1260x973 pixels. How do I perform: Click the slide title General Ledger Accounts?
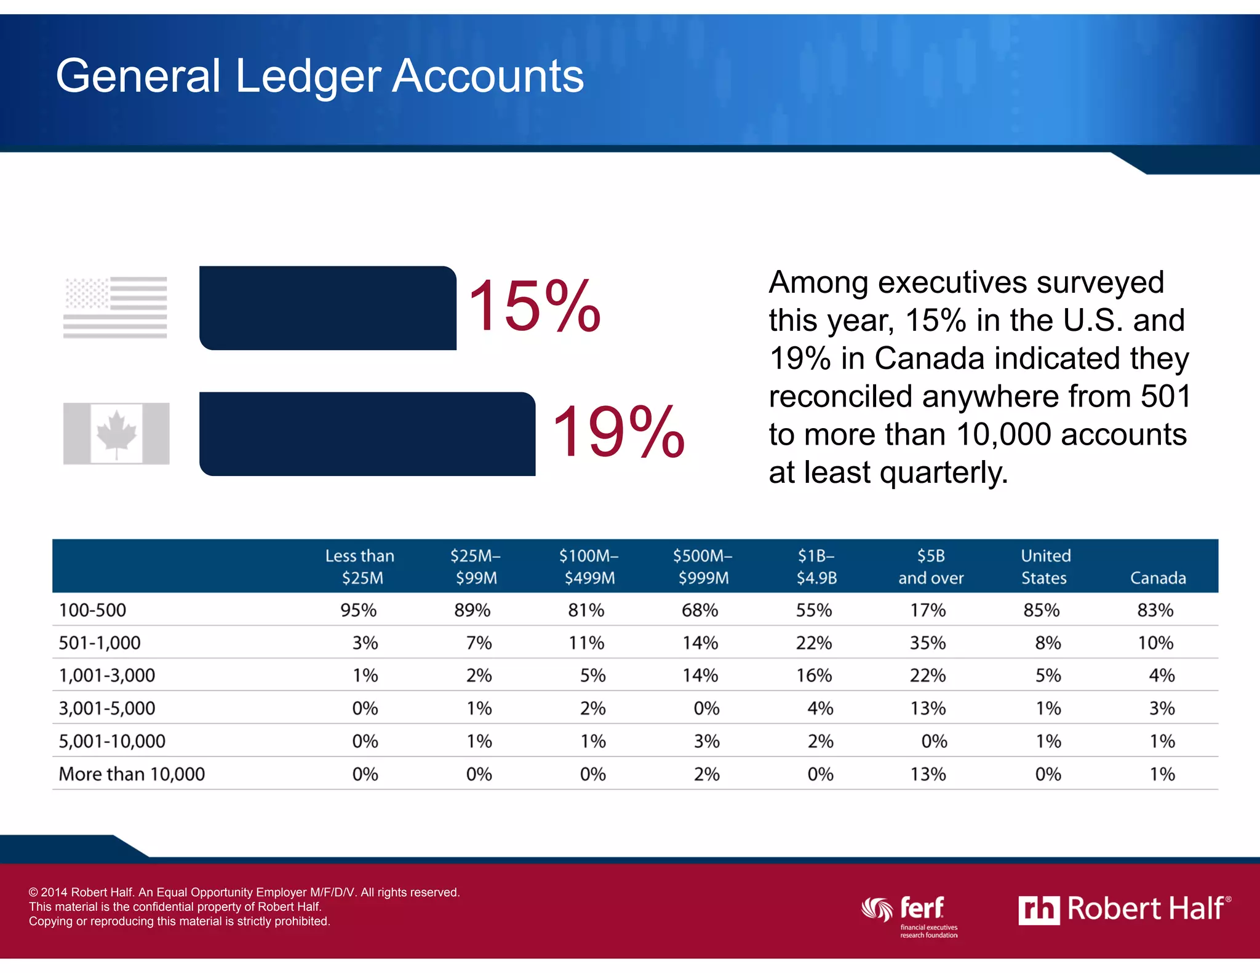tap(319, 76)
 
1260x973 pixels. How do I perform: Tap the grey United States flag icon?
tap(115, 307)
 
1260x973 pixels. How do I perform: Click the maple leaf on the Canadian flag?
tap(116, 432)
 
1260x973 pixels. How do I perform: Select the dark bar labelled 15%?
tap(327, 308)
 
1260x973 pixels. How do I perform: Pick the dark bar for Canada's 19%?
tap(367, 434)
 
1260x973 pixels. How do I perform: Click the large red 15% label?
tap(533, 306)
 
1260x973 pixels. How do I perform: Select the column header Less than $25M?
tap(361, 566)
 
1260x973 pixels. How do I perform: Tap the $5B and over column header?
tap(930, 566)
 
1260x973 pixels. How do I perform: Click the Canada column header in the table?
tap(1158, 578)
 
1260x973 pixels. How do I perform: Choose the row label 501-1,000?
tap(100, 643)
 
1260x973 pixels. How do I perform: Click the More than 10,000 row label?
tap(132, 774)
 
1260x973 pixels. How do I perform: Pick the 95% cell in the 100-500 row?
tap(359, 610)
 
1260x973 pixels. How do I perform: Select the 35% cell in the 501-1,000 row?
tap(928, 643)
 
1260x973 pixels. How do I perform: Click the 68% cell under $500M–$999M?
tap(700, 610)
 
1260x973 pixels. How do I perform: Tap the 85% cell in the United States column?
tap(1041, 610)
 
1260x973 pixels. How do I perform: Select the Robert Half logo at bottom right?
tap(1124, 909)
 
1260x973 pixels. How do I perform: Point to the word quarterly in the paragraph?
tap(943, 472)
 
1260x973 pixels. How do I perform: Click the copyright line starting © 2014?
tap(244, 892)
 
